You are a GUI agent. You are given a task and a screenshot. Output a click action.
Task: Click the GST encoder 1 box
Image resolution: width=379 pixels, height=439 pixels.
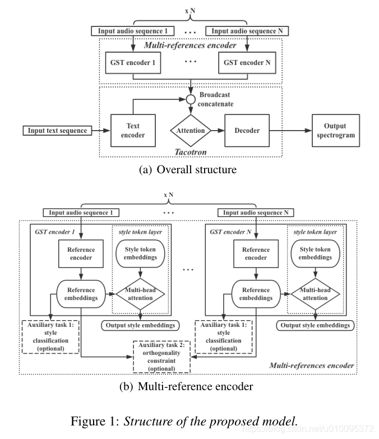tap(133, 63)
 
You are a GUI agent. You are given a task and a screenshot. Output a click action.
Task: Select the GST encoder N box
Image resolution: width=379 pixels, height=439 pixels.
tap(247, 63)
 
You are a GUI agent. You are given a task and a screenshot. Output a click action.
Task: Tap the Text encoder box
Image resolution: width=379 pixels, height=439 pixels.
tap(133, 131)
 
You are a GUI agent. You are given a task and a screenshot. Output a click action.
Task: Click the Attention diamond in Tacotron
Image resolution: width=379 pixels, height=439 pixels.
tap(191, 131)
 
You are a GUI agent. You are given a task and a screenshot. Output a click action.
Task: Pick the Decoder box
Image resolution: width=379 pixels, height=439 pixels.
tap(247, 131)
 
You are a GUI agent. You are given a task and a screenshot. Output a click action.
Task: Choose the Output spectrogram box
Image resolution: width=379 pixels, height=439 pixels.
tap(336, 131)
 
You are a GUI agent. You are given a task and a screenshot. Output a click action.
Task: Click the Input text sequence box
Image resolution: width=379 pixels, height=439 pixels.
tap(57, 131)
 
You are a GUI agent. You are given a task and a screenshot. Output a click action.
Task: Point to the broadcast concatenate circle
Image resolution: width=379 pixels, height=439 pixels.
tap(191, 99)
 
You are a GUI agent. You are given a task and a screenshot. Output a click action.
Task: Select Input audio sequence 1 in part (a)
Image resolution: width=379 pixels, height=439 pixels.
tap(133, 31)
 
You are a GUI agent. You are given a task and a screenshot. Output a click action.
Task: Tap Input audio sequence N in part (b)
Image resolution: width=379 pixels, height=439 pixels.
tap(256, 212)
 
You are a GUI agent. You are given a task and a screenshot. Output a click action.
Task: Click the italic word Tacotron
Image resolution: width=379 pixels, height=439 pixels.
tap(191, 152)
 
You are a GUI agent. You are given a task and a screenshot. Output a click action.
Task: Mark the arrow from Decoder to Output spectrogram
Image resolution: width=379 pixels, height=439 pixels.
tap(290, 131)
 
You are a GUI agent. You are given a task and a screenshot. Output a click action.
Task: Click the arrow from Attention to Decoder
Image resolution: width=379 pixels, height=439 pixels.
tap(218, 131)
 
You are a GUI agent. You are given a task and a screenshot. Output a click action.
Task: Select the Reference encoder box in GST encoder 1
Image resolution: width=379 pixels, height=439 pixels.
tap(81, 253)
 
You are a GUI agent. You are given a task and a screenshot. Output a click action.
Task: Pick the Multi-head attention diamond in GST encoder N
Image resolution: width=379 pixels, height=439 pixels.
tap(315, 294)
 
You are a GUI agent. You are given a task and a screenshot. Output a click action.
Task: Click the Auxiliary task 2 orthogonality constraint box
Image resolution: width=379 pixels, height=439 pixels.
tap(161, 357)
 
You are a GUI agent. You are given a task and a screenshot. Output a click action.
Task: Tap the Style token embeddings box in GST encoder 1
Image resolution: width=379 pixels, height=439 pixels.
tap(140, 253)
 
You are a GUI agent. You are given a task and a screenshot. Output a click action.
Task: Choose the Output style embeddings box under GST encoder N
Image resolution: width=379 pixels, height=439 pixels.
tap(315, 325)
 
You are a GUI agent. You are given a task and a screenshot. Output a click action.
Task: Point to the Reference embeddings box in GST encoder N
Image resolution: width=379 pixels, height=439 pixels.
tap(256, 294)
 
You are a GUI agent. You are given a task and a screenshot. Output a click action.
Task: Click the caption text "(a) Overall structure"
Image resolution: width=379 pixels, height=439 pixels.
tap(188, 170)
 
